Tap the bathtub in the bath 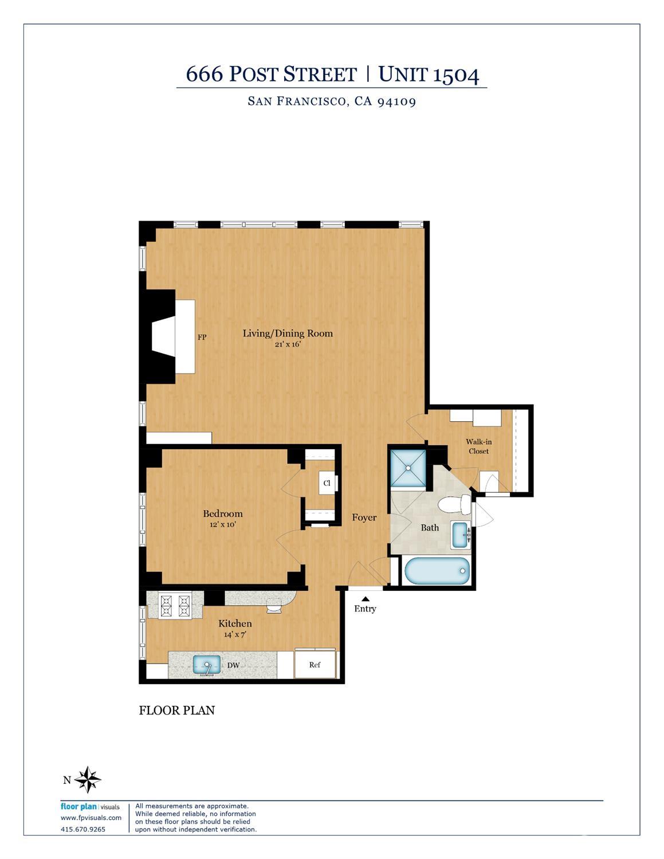(x=437, y=571)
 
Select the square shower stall (x=408, y=468)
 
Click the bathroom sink (x=460, y=534)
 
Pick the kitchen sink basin (x=206, y=665)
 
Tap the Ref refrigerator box (x=315, y=664)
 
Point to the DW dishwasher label (x=233, y=665)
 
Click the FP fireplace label (x=202, y=338)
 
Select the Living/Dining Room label (x=288, y=333)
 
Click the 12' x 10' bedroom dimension (x=222, y=524)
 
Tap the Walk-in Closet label (x=478, y=446)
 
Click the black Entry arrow (x=365, y=599)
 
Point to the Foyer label (x=364, y=517)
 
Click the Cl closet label (x=327, y=483)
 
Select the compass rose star (x=88, y=779)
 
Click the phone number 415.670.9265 (x=83, y=829)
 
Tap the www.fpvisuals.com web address (x=91, y=818)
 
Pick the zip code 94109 (x=396, y=101)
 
